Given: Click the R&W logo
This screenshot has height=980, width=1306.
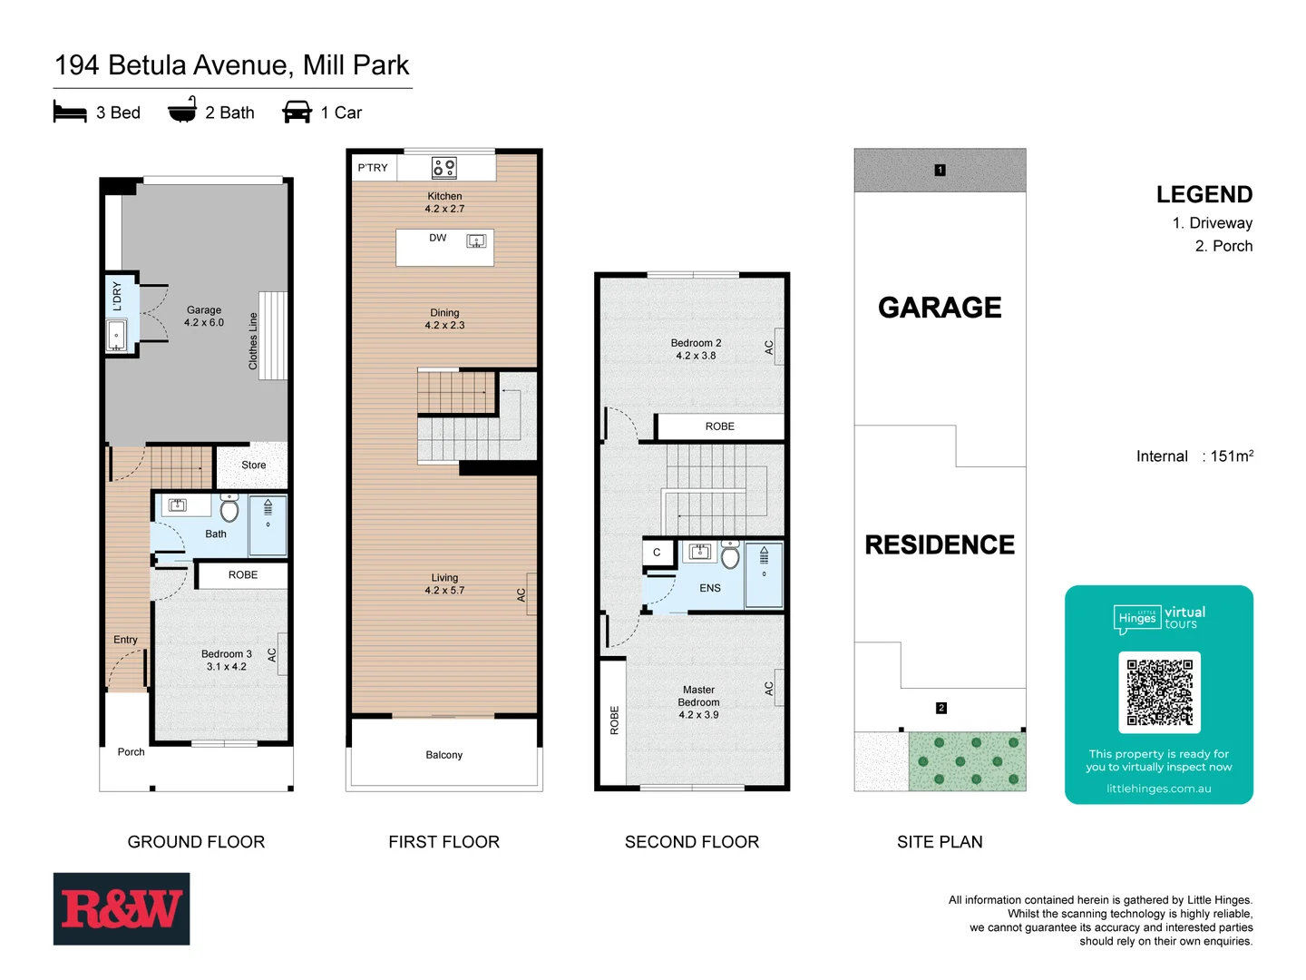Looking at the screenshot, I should point(122,908).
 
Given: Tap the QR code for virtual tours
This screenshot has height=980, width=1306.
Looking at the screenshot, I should point(1159,691).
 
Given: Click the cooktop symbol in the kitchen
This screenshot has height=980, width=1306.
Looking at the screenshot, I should point(444,168).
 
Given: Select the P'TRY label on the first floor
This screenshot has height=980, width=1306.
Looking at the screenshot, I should point(372,168).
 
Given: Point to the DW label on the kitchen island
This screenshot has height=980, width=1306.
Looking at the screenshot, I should point(438,238).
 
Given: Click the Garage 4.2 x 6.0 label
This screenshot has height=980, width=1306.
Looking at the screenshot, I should point(204,316).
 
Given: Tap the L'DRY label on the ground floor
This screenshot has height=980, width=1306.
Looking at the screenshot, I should point(117,296).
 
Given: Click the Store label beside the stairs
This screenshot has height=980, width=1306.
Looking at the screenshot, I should point(254,465).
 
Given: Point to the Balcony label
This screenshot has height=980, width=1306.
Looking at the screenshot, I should point(444,755).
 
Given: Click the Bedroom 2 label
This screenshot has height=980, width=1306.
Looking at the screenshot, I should point(696,349).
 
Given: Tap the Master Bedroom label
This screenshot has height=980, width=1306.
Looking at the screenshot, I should point(698,702).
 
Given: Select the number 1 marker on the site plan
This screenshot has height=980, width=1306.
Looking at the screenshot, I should point(940,170).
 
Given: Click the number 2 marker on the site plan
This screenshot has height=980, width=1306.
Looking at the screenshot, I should point(941,708).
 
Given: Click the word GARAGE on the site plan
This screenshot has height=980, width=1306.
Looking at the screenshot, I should point(940,308).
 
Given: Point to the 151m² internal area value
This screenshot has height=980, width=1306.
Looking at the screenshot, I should point(1232,456).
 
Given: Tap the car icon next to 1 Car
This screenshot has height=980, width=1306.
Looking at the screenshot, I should point(297,113).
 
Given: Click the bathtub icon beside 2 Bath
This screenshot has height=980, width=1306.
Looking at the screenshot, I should point(182,111).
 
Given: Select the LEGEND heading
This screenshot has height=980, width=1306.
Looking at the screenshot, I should point(1204,194).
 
